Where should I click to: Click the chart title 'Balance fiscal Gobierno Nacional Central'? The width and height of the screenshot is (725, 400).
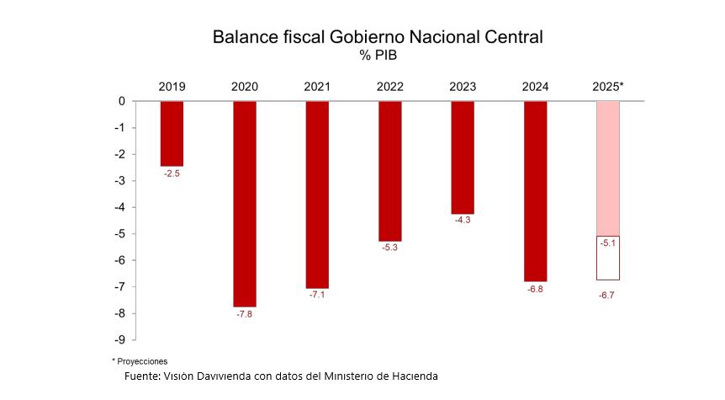pos(378,37)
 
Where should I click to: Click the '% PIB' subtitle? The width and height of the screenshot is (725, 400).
pos(378,56)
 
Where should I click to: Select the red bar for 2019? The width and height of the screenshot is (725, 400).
pos(172,133)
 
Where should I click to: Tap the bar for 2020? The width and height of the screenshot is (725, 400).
pos(244,204)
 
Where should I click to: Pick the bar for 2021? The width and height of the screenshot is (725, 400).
pos(317,195)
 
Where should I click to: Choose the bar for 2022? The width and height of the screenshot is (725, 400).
pos(389,171)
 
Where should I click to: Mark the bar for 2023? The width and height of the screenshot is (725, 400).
pos(463,157)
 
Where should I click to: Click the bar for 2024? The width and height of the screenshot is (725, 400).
pos(535,191)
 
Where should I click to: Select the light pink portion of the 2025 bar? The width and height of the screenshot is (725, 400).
pos(608,168)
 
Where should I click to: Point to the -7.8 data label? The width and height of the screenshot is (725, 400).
pos(244,314)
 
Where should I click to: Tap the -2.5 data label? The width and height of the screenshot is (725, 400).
pos(172,173)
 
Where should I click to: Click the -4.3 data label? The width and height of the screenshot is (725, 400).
pos(463,221)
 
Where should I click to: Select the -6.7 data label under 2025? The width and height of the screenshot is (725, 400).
pos(607,295)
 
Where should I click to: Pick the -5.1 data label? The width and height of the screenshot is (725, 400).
pos(608,243)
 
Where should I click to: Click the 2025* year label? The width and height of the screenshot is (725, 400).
pos(608,86)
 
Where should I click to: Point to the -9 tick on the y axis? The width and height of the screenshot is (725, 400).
pos(119,339)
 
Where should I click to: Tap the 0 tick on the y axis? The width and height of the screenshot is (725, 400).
pos(122,101)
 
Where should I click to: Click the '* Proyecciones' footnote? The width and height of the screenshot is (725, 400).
pos(140,360)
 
